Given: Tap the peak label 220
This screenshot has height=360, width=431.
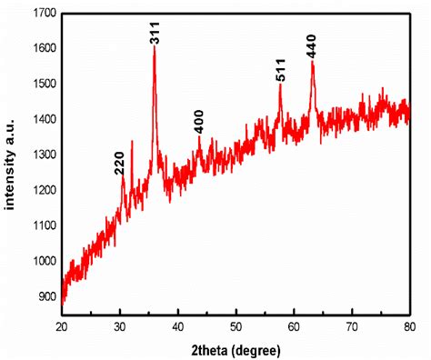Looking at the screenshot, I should pyautogui.click(x=119, y=163).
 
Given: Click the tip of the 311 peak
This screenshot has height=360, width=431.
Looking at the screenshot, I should pyautogui.click(x=155, y=46).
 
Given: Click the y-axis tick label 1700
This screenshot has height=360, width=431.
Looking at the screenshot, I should pyautogui.click(x=42, y=13).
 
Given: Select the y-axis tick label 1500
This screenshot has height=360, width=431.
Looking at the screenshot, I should pyautogui.click(x=42, y=84).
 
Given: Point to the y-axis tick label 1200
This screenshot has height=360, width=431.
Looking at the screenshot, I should pyautogui.click(x=42, y=191).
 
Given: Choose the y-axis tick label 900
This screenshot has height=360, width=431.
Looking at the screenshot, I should pyautogui.click(x=45, y=297).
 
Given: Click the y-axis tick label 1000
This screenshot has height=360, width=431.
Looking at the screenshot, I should pyautogui.click(x=42, y=262).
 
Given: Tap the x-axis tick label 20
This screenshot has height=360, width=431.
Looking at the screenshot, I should pyautogui.click(x=62, y=325).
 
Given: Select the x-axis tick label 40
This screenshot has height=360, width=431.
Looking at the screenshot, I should pyautogui.click(x=178, y=325).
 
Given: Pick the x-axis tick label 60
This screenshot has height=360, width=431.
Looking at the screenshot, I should pyautogui.click(x=294, y=325).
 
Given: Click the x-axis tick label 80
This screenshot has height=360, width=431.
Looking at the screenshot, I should pyautogui.click(x=410, y=325).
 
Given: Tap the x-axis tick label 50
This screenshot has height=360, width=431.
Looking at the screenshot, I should pyautogui.click(x=236, y=325).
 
